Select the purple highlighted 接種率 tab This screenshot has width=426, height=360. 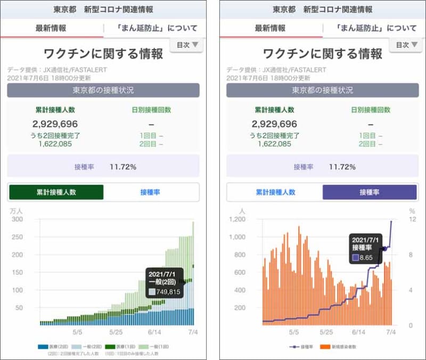(x=370, y=192)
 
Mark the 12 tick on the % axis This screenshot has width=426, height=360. (x=411, y=219)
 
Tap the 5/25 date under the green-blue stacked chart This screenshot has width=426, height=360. (x=116, y=332)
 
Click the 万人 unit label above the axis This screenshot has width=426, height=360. (x=17, y=211)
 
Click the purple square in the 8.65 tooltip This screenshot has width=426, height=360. (x=355, y=258)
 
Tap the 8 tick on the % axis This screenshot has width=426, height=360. (x=411, y=255)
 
